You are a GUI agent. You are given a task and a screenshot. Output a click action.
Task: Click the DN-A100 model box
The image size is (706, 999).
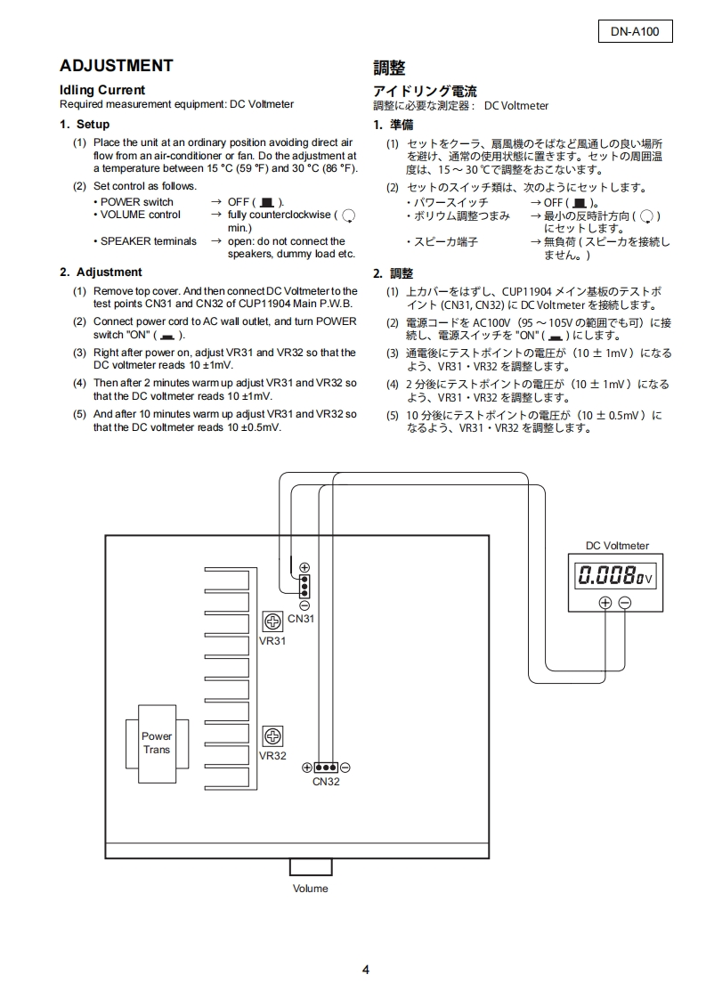635,32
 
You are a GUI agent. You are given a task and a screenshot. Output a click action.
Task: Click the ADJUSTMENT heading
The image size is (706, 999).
116,66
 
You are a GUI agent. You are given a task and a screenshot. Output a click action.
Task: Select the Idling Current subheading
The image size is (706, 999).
101,90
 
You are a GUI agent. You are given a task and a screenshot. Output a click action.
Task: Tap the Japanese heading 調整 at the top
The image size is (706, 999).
389,68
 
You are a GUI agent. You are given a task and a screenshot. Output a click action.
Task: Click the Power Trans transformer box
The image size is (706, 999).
157,743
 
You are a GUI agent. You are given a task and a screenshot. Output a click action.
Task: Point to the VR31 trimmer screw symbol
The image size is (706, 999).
273,622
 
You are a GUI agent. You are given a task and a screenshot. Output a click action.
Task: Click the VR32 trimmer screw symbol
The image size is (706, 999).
273,736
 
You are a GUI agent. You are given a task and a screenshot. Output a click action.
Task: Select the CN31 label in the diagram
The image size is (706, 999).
301,619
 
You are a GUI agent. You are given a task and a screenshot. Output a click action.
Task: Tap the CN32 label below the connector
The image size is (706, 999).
326,782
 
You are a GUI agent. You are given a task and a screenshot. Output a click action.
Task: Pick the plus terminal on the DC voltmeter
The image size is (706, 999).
605,603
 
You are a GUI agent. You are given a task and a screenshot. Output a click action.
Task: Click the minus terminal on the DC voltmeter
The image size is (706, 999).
624,603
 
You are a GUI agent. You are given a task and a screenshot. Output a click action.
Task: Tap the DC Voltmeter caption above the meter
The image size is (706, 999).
617,546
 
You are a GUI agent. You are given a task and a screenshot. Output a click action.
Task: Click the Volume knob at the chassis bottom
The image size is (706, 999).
310,867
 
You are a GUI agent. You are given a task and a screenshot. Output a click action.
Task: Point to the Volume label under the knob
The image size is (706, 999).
310,889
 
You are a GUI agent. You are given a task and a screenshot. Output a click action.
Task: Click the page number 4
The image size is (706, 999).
365,970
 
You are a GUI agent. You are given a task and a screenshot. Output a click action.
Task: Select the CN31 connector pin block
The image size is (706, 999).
304,586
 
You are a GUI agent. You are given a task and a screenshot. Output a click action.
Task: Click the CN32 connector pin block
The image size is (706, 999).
326,768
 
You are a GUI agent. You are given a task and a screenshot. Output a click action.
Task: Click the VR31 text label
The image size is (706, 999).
272,640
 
